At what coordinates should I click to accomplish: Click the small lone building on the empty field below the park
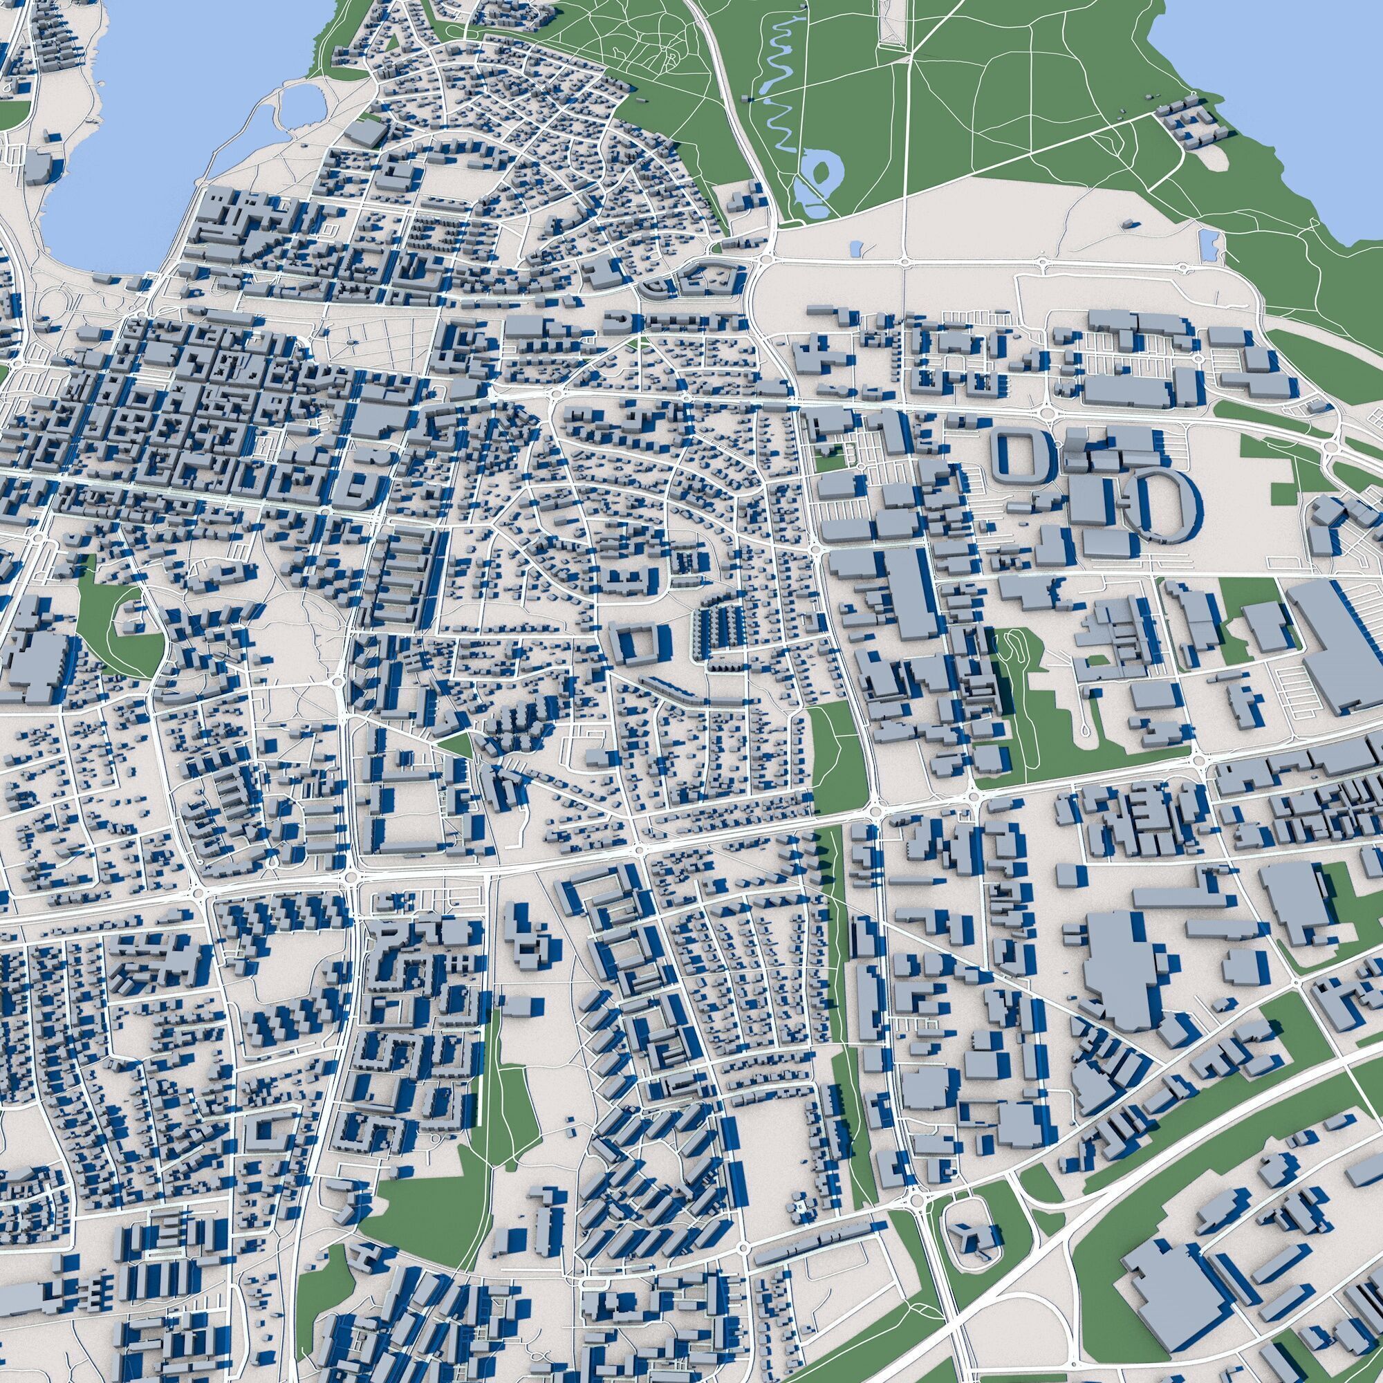pyautogui.click(x=1130, y=225)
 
